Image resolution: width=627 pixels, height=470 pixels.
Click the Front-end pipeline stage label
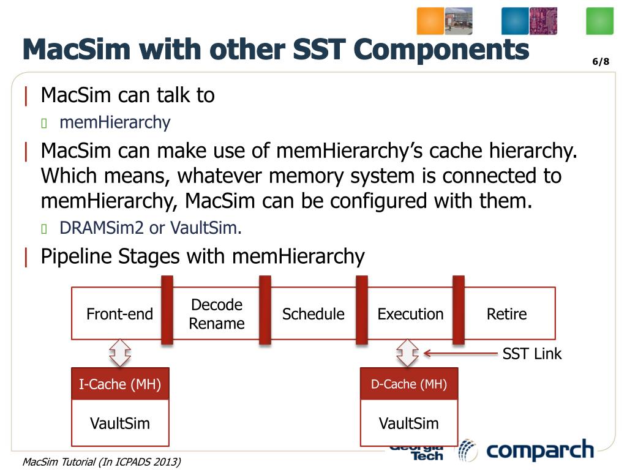(x=119, y=315)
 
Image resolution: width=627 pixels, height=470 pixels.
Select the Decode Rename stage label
(x=217, y=314)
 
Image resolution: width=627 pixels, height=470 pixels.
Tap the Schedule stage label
(x=313, y=315)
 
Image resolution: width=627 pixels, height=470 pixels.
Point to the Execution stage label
(x=410, y=315)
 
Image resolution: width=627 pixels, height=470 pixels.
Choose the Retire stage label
(x=506, y=315)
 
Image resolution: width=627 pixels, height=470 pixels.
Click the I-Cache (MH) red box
(x=120, y=384)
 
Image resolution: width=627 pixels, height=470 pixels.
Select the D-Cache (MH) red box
(x=409, y=384)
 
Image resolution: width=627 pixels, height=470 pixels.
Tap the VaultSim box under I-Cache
(x=120, y=423)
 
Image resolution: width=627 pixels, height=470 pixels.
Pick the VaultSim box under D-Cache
(x=409, y=423)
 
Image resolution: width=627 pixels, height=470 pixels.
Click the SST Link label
(x=531, y=354)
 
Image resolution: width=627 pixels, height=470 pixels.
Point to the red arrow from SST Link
(x=459, y=353)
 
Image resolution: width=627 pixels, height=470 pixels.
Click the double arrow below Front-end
(x=120, y=353)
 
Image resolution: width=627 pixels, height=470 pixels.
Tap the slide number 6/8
(x=601, y=62)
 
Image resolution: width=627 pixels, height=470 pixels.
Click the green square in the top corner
(x=599, y=21)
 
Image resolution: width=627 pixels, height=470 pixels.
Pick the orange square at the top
(x=430, y=21)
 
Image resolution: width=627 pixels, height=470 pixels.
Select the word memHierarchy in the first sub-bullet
(x=115, y=122)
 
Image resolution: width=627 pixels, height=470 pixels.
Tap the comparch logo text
(x=540, y=451)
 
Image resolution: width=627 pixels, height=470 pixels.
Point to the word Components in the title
(x=441, y=50)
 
